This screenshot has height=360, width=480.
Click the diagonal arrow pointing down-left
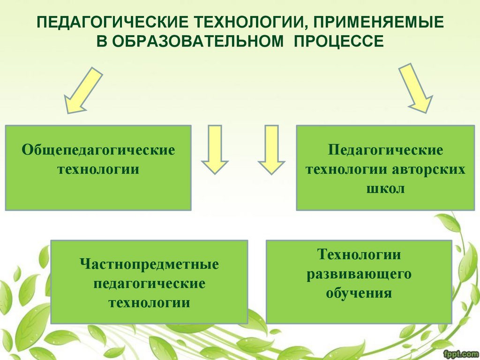tap(82, 90)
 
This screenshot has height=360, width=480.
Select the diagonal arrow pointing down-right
tap(415, 88)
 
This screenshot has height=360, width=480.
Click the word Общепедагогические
tap(98, 150)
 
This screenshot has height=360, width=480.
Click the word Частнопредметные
tap(149, 264)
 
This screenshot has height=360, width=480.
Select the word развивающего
tap(359, 274)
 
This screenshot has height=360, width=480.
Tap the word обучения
tap(359, 293)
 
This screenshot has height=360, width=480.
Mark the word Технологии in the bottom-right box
tap(359, 255)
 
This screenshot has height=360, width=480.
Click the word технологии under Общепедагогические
tap(98, 169)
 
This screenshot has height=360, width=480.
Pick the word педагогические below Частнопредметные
tap(149, 284)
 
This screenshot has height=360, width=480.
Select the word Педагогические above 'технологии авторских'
tap(385, 150)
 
